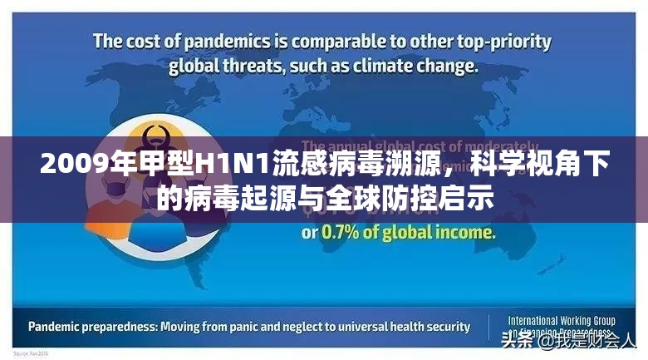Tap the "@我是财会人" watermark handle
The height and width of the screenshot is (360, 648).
587,342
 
